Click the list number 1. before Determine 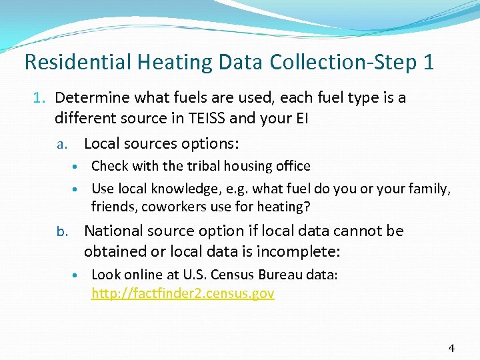tap(41, 98)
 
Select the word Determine tap(90, 98)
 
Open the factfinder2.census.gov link tap(183, 293)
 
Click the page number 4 tap(451, 347)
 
